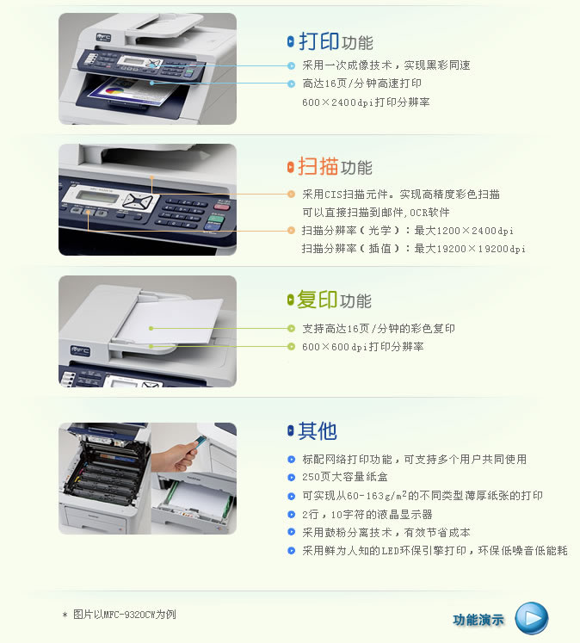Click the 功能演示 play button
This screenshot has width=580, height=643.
tap(531, 618)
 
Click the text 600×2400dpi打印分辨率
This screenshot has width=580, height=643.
tap(366, 102)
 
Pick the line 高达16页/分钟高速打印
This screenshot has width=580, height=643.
tap(362, 83)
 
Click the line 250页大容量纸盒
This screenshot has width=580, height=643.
tap(345, 477)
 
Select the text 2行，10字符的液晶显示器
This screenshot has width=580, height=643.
tap(367, 514)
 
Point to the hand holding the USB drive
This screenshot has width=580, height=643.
tap(174, 455)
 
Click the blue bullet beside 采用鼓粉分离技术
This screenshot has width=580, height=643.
tap(292, 532)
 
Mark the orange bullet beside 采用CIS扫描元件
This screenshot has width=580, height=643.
tap(291, 194)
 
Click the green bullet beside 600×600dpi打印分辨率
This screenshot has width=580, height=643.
tap(291, 347)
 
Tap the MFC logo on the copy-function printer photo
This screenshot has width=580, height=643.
tap(80, 350)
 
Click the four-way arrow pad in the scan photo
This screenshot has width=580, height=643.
tap(138, 201)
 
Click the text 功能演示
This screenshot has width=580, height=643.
tap(478, 620)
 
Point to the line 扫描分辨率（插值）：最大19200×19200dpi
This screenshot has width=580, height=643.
tap(414, 249)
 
